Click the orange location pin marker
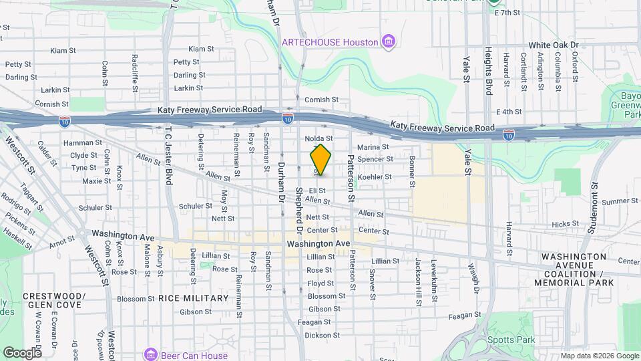[x=320, y=159]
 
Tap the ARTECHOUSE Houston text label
[x=330, y=42]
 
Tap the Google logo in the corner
[x=21, y=352]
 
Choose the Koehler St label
[x=375, y=177]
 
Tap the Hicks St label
[x=565, y=225]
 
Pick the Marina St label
[x=373, y=147]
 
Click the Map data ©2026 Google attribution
[x=598, y=356]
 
